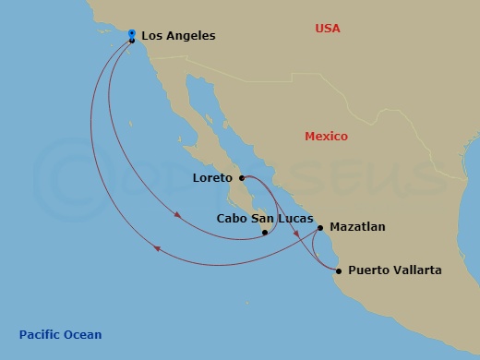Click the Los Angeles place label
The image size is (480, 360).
(x=178, y=36)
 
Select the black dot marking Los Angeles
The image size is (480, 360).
(x=132, y=40)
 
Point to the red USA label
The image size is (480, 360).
(x=328, y=29)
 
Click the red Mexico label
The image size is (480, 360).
(x=327, y=137)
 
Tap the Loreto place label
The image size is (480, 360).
(x=213, y=176)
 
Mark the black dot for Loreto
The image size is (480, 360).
(x=241, y=177)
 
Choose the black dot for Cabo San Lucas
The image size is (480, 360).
(x=265, y=233)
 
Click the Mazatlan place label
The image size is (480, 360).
(x=358, y=226)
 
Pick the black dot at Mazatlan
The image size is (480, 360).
(x=320, y=227)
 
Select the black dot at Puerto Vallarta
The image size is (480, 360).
(x=339, y=270)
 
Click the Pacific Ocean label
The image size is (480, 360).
(x=61, y=334)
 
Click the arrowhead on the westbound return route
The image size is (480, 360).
(x=158, y=248)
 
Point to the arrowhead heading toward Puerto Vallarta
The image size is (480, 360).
(x=297, y=234)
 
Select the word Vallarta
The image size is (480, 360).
(x=417, y=270)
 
